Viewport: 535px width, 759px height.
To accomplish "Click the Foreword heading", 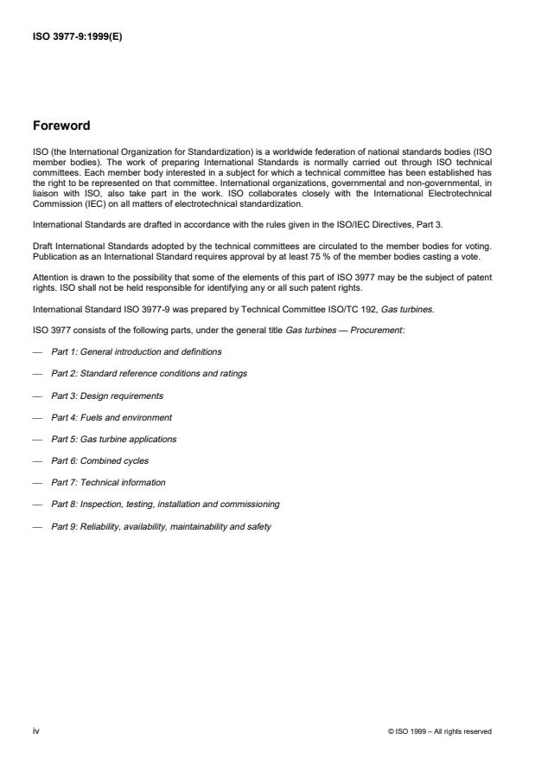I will pyautogui.click(x=61, y=125).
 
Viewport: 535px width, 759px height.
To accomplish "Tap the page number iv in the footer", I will pyautogui.click(x=35, y=731).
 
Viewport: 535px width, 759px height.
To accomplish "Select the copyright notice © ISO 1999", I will pyautogui.click(x=441, y=732).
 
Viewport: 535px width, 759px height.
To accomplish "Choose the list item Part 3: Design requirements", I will pyautogui.click(x=107, y=396).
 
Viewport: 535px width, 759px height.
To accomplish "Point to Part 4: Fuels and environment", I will pyautogui.click(x=111, y=417).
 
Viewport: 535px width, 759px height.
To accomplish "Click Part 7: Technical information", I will pyautogui.click(x=108, y=482).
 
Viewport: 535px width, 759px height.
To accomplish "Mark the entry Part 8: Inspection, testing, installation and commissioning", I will pyautogui.click(x=165, y=504).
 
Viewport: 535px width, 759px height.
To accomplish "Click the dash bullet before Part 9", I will pyautogui.click(x=36, y=525).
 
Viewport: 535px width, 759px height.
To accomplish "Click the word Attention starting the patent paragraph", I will pyautogui.click(x=49, y=275).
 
